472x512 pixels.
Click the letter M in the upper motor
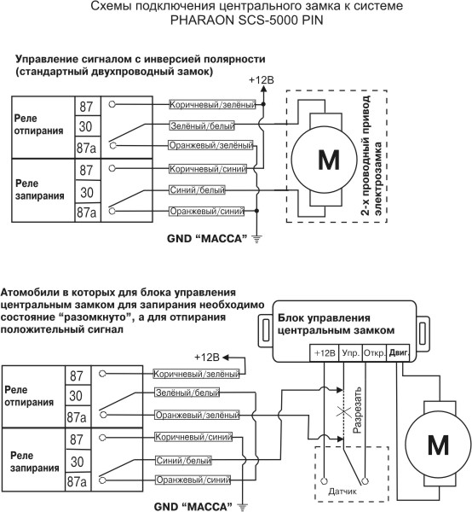(329, 160)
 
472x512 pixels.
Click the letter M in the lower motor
(438, 445)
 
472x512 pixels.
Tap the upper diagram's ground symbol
(256, 240)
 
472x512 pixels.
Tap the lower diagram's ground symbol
(242, 508)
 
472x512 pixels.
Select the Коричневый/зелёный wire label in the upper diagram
(212, 105)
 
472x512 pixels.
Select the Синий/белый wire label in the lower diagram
(183, 461)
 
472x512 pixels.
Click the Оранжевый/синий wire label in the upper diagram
(207, 212)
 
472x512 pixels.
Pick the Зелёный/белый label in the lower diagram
(187, 393)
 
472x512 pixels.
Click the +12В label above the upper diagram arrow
(262, 80)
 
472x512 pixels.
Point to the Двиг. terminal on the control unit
(398, 353)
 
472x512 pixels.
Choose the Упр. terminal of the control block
(351, 353)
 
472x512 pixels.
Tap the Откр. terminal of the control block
(375, 353)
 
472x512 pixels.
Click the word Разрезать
(357, 410)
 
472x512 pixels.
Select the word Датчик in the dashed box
(342, 492)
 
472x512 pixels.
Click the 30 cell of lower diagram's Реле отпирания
(76, 396)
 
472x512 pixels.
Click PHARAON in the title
(202, 20)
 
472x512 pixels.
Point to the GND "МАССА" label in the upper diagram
(207, 239)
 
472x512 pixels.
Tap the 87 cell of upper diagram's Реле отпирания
(86, 107)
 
